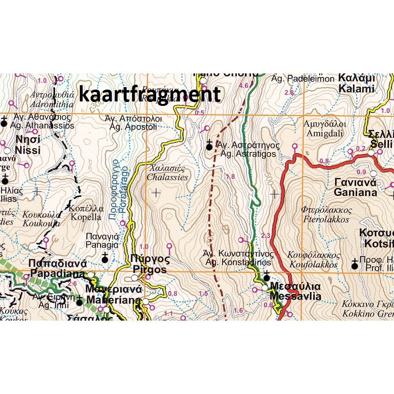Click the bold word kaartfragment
[x=149, y=94]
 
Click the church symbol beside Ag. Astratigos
[x=209, y=146]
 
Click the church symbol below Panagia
[x=104, y=257]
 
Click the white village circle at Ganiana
[x=373, y=173]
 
